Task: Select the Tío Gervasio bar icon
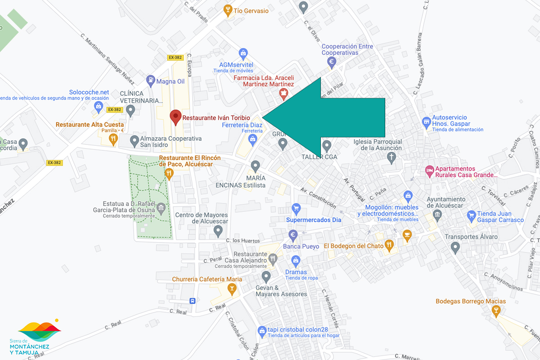(228, 10)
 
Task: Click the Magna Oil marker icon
(150, 81)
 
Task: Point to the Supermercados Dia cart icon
(296, 208)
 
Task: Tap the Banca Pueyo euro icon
(293, 235)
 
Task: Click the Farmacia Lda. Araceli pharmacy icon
(283, 94)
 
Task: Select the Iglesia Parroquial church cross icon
(391, 157)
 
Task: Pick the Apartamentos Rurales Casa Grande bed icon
(430, 171)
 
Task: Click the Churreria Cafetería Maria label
(207, 279)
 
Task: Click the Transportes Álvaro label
(471, 237)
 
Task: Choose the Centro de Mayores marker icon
(218, 231)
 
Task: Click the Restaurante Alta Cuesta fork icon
(113, 139)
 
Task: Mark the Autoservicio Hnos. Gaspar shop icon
(427, 122)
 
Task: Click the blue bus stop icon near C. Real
(193, 301)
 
